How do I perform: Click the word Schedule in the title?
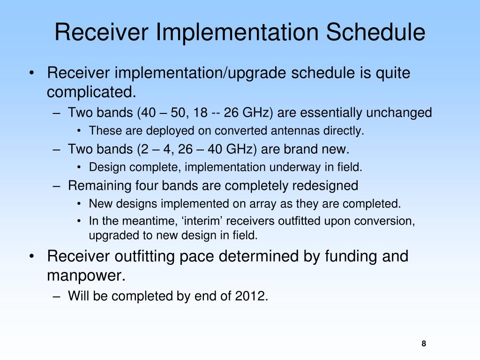click(375, 32)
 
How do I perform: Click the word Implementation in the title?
click(237, 32)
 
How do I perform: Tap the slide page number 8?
click(424, 344)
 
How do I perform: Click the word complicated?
click(91, 92)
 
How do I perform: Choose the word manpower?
click(86, 276)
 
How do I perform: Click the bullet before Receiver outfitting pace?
click(31, 256)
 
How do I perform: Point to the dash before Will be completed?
click(56, 296)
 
